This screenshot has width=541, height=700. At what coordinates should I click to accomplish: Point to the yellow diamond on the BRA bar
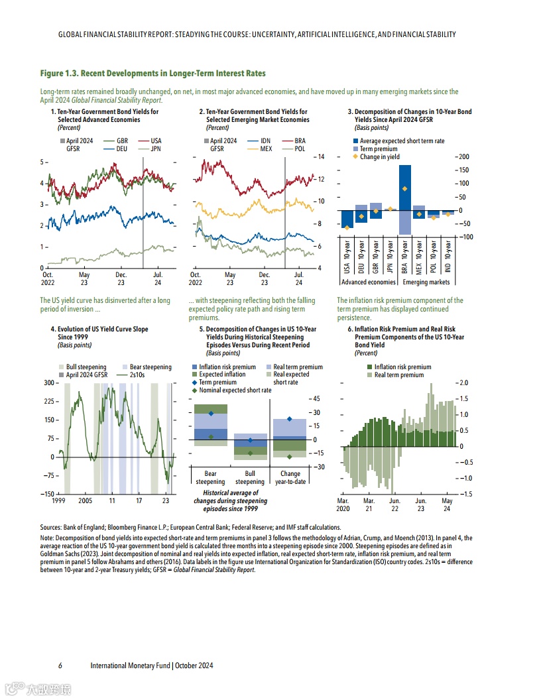404,189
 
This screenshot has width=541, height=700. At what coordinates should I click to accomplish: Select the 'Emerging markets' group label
426,282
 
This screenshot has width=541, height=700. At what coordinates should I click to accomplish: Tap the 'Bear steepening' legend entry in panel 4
145,367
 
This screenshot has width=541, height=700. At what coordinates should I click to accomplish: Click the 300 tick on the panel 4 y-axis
49,383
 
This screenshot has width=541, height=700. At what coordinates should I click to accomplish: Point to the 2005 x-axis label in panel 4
86,501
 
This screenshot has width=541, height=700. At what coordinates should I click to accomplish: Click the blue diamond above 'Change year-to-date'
290,419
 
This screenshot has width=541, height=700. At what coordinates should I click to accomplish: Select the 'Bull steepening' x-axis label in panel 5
250,478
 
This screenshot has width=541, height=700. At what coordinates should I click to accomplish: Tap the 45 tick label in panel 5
317,398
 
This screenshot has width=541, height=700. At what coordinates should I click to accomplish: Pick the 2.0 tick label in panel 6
464,383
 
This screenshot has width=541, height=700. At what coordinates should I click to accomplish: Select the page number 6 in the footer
60,666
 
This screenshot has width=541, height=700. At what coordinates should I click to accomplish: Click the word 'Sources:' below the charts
52,527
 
